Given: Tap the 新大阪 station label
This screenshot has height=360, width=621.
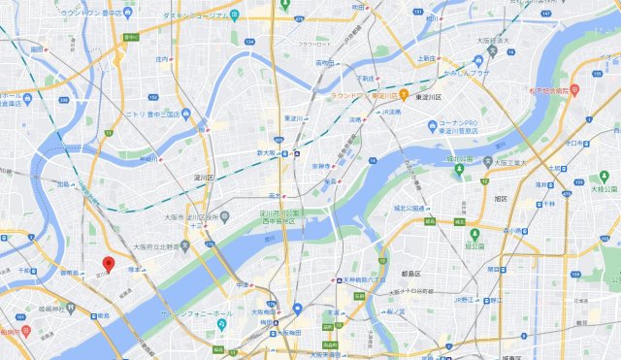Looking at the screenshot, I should [x=267, y=152].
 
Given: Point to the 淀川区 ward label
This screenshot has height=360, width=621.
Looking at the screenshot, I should [x=203, y=178].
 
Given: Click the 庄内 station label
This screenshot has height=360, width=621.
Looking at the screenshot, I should [x=161, y=59].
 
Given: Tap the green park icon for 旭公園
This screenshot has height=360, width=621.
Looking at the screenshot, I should [x=474, y=233].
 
